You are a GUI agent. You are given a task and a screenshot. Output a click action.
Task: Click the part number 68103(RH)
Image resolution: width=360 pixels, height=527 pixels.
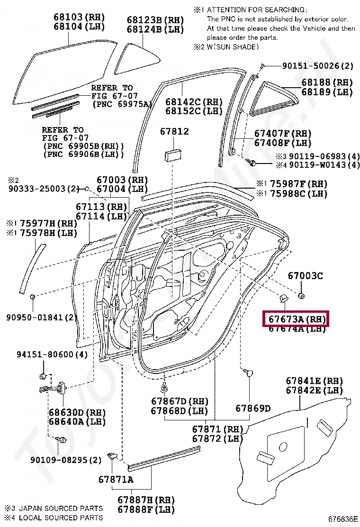tap(79, 18)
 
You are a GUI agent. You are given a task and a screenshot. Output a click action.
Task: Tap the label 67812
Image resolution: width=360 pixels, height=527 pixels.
tap(174, 131)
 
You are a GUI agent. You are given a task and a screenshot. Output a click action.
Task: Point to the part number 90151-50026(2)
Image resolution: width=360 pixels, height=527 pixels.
tap(318, 66)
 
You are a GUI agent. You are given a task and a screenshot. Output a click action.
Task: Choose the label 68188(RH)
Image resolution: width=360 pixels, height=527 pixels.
tap(327, 82)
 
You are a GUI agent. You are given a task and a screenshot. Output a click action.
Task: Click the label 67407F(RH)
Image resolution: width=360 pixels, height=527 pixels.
tap(283, 134)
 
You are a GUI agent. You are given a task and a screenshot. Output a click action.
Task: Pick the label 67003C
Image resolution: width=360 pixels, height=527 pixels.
tap(306, 275)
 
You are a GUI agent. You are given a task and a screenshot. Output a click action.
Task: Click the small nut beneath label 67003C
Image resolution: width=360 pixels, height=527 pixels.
tap(302, 297)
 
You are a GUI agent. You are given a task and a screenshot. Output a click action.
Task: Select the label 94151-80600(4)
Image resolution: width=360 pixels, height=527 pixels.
tap(52, 354)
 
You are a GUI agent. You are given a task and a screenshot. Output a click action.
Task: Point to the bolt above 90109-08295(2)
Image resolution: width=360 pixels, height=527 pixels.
tap(62, 440)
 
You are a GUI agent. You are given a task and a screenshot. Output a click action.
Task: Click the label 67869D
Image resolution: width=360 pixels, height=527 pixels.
tap(253, 408)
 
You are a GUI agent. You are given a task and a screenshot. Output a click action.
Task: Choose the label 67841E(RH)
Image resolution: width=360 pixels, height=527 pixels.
tap(314, 381)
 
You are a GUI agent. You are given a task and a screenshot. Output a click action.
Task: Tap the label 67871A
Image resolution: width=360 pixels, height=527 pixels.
tap(116, 479)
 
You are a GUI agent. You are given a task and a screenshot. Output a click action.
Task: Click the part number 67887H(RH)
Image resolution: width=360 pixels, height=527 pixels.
tap(146, 500)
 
